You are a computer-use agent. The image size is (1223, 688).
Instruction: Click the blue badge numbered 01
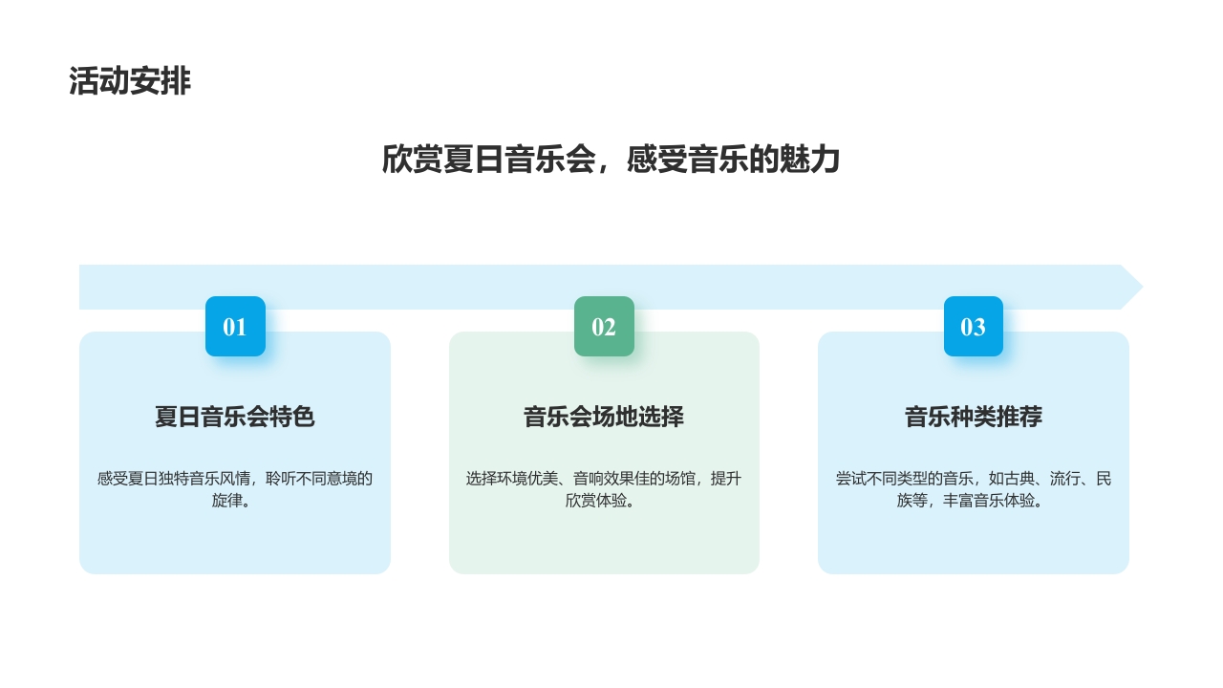[235, 327]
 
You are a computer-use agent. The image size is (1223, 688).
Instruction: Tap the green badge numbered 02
[604, 327]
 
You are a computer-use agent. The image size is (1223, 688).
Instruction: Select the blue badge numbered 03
[973, 327]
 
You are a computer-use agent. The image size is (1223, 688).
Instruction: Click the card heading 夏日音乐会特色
[235, 418]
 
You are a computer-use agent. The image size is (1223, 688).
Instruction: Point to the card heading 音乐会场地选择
[604, 418]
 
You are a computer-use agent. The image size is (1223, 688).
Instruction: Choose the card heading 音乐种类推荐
[973, 418]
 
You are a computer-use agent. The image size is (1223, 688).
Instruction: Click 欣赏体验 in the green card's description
[596, 501]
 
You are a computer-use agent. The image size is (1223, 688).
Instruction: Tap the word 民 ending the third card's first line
[1104, 479]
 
